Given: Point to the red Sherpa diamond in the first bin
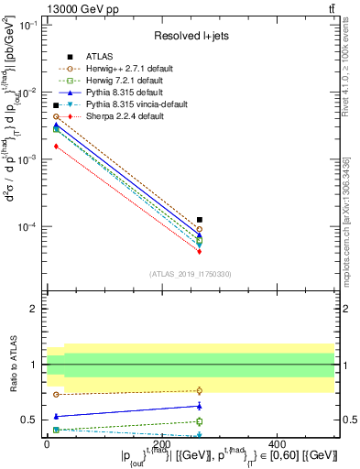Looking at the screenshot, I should point(56,146).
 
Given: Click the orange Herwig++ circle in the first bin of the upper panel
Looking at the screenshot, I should point(56,116).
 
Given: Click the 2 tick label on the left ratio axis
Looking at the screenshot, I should point(33,309).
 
